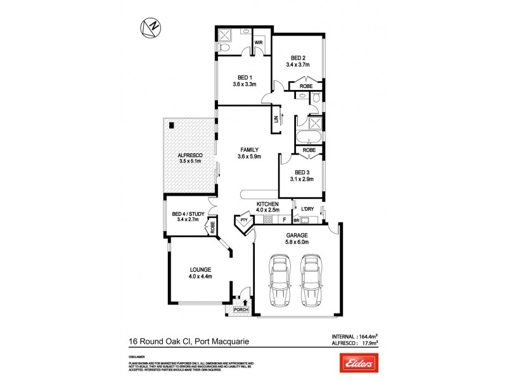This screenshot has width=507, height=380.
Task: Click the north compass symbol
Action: click(x=150, y=27)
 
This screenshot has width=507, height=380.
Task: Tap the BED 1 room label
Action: click(x=244, y=77)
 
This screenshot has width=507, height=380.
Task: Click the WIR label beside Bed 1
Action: click(x=259, y=43)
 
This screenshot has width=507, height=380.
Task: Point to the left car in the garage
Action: click(x=278, y=279)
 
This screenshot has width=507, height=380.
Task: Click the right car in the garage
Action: click(x=310, y=279)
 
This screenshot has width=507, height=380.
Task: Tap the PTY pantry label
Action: click(x=243, y=220)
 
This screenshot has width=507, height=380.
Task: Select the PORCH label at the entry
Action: click(x=241, y=310)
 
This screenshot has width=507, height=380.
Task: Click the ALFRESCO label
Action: click(x=189, y=154)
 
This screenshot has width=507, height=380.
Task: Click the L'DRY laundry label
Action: click(x=308, y=209)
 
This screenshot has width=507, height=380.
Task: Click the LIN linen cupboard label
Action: click(x=276, y=120)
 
